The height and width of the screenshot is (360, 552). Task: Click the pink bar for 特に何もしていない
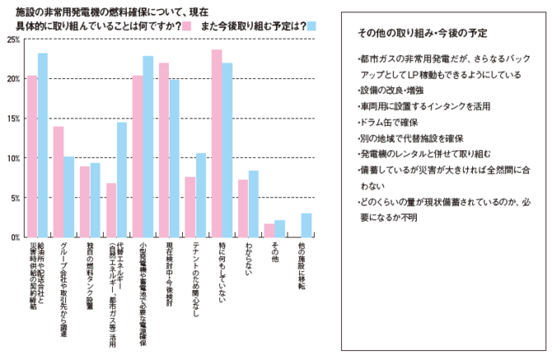coord(217,143)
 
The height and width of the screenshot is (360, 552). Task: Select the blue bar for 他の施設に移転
coord(306,225)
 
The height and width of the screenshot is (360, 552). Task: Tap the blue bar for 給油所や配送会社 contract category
coord(43,145)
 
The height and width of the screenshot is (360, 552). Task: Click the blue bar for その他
coord(280,228)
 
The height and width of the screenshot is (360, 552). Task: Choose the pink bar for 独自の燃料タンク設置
coord(85,202)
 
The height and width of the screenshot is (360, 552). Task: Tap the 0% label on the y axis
coord(13,237)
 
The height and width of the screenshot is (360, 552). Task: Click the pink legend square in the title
coord(187,26)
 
